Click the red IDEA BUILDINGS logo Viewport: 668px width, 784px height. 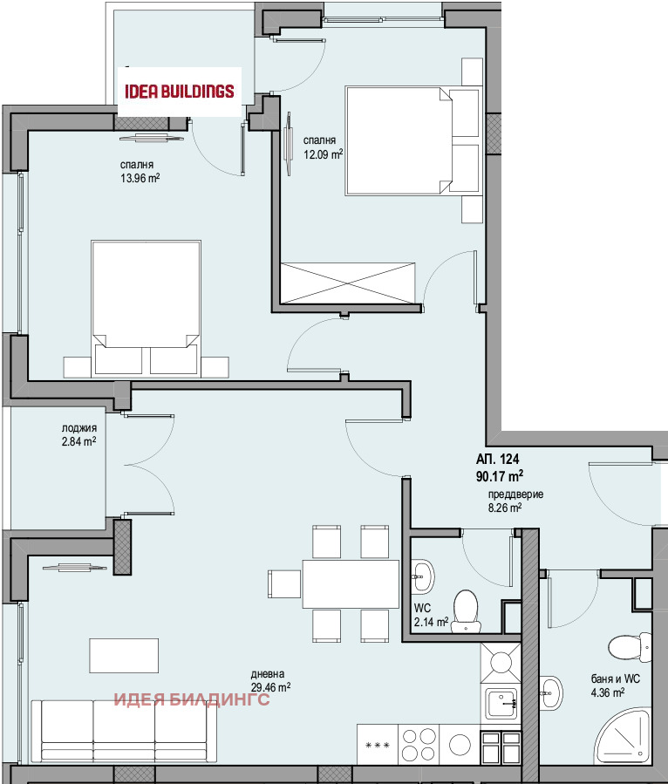(x=180, y=91)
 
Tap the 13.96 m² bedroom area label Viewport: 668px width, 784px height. (x=140, y=171)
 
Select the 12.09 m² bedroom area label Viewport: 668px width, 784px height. (x=323, y=147)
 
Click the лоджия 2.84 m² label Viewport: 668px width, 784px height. (x=79, y=435)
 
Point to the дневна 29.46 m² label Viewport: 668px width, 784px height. (x=270, y=681)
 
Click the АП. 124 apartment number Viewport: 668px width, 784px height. (x=497, y=459)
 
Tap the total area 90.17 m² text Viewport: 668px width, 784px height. (x=500, y=475)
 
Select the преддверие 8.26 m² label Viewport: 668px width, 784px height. (x=515, y=501)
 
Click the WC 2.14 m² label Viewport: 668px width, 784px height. (x=431, y=616)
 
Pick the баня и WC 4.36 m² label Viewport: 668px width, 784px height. (x=615, y=685)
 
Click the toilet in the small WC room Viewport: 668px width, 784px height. (x=466, y=611)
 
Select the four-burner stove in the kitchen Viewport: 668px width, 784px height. (x=419, y=745)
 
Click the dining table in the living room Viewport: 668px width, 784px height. (x=351, y=583)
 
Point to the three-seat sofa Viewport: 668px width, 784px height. (x=124, y=730)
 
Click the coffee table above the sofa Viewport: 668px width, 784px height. (x=124, y=656)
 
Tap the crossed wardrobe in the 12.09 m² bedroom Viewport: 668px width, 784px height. (x=347, y=283)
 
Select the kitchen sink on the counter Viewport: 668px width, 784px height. (x=501, y=704)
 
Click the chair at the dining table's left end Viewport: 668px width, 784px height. (x=284, y=583)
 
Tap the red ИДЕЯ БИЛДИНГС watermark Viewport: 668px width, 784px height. (x=192, y=699)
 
